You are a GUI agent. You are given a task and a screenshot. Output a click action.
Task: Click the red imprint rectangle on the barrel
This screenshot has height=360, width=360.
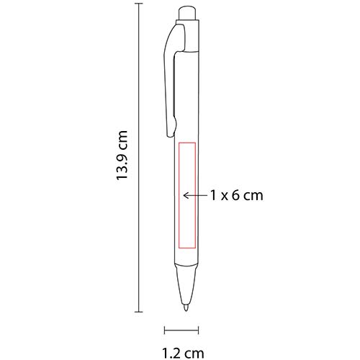click(187, 194)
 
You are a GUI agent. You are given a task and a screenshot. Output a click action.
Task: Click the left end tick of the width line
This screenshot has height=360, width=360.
click(166, 331)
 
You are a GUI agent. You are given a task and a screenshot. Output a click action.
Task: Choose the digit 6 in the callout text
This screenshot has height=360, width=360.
click(235, 195)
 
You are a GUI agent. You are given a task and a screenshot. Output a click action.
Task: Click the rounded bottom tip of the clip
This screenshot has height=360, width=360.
click(171, 132)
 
